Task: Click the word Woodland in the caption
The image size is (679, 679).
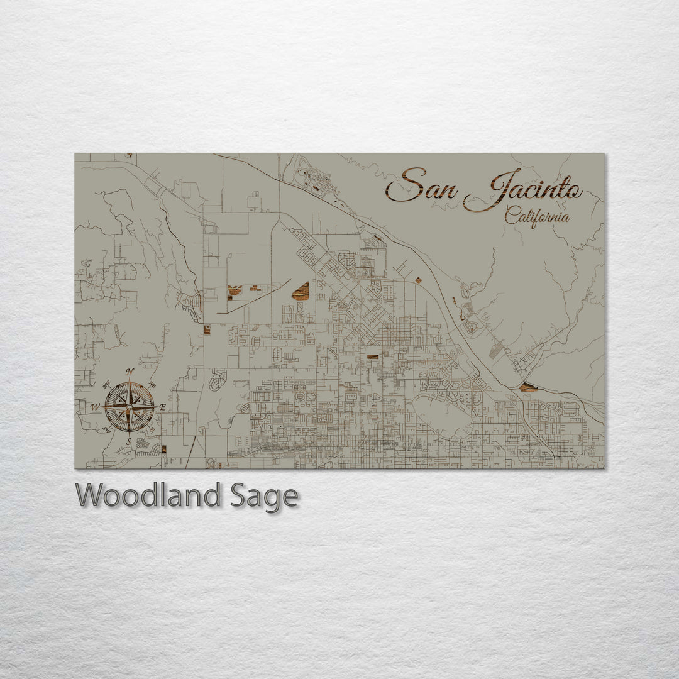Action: click(147, 496)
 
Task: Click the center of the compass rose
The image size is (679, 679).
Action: click(130, 407)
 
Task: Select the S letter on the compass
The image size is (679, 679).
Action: click(130, 441)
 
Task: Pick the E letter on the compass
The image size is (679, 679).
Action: click(163, 407)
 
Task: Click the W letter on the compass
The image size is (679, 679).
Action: click(95, 407)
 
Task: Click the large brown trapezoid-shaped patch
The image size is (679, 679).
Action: click(301, 291)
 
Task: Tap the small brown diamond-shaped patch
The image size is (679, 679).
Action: click(417, 279)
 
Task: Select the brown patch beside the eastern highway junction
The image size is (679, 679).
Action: click(527, 387)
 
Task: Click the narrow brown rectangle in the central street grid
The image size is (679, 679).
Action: click(373, 356)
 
